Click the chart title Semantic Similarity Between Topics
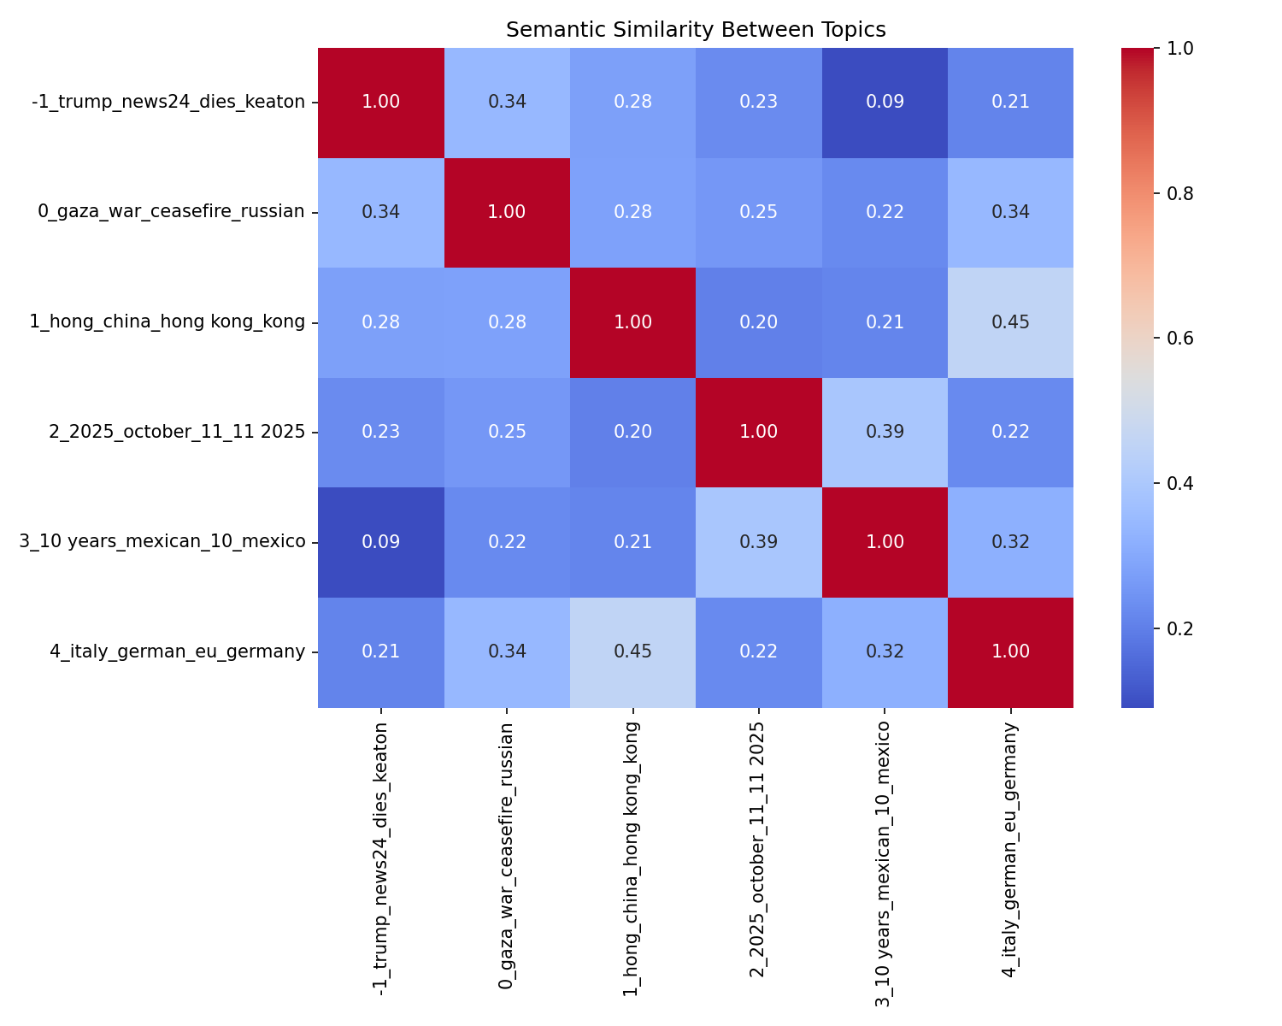point(696,30)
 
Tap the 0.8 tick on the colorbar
point(1181,193)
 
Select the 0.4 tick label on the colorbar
point(1181,483)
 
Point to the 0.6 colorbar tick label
point(1181,338)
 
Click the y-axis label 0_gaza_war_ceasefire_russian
point(171,212)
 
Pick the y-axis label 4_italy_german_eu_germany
point(177,652)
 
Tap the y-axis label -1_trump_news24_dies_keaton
point(168,103)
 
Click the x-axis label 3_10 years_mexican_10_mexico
point(884,864)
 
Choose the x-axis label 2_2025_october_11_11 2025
point(757,850)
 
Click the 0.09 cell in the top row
point(885,103)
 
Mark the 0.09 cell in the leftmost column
point(381,542)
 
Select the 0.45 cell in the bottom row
point(632,652)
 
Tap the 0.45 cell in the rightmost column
point(1010,322)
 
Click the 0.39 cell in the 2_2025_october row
point(885,432)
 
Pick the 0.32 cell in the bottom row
point(885,652)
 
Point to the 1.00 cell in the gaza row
point(507,212)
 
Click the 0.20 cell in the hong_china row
point(758,322)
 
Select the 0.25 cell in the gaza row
point(758,212)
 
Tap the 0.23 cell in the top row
point(758,103)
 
